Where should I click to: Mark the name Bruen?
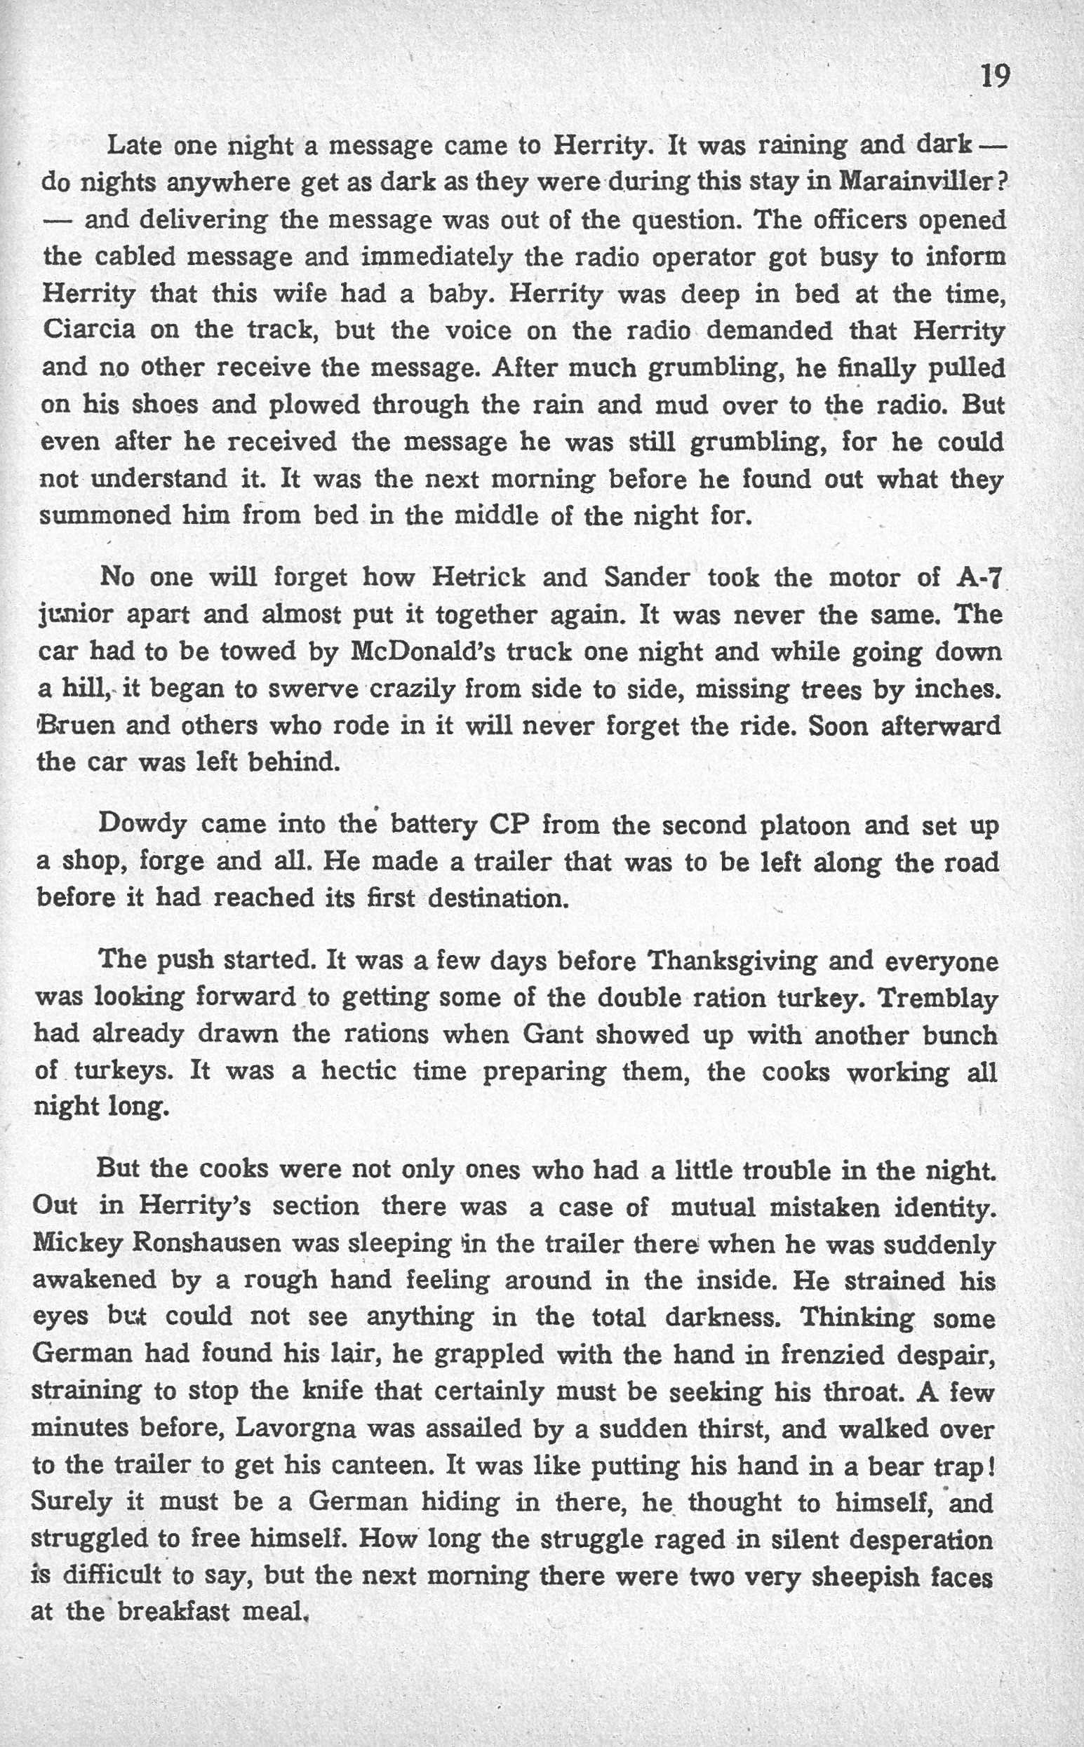pos(77,725)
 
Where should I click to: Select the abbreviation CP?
pos(508,825)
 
